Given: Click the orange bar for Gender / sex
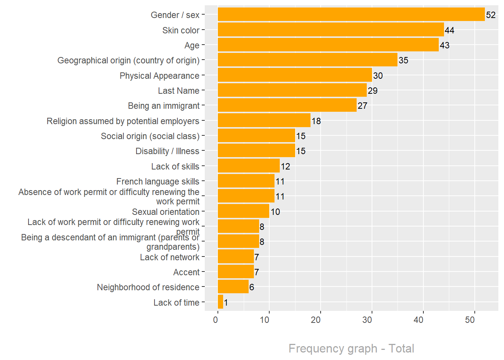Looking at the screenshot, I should (x=351, y=15).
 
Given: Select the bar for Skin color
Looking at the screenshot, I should (x=331, y=30).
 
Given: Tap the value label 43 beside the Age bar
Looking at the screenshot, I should (x=445, y=45).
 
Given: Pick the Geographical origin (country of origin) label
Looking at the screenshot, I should (x=128, y=60).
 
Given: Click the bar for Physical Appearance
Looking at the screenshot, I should (x=295, y=75).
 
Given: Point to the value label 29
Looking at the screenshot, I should (x=373, y=91).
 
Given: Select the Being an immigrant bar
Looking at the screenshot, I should (x=287, y=105).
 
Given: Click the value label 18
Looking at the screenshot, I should (x=316, y=121).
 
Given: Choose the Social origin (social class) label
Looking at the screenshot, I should (x=150, y=136).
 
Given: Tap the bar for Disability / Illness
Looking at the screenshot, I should (x=256, y=151).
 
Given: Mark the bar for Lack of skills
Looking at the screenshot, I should (x=249, y=166).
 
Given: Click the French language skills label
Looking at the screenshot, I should (x=157, y=181).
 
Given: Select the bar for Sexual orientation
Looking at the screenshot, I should (x=243, y=211).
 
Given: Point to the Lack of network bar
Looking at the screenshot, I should (x=236, y=257).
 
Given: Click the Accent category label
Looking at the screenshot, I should (x=186, y=272).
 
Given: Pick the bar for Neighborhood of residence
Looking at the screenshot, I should (x=233, y=287).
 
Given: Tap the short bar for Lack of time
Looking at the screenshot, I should (x=220, y=302).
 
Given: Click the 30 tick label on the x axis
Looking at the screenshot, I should (x=367, y=320).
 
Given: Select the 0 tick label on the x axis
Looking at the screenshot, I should (x=216, y=320).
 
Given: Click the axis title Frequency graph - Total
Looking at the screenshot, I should (x=351, y=348).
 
